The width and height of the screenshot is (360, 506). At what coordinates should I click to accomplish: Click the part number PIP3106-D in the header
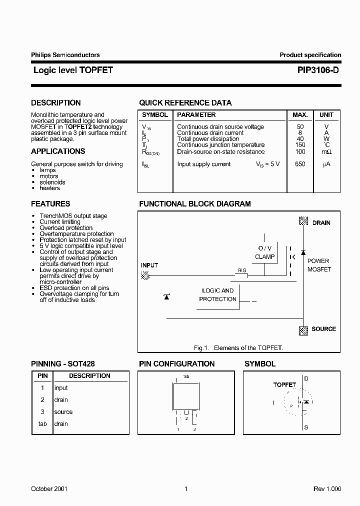tap(314, 70)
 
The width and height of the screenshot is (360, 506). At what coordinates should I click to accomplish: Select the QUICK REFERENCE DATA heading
tap(185, 103)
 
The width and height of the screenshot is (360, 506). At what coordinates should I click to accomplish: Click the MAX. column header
tap(300, 115)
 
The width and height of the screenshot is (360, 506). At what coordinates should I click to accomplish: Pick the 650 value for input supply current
tap(300, 164)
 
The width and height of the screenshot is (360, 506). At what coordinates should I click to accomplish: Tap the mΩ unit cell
tap(326, 152)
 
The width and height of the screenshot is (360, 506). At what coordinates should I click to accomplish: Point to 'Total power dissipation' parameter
tap(208, 139)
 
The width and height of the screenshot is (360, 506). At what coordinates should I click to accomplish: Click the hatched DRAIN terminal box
tap(303, 220)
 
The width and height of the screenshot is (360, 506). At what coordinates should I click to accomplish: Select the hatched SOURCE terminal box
tap(303, 330)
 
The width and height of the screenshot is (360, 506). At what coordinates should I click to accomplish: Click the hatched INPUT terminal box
tap(145, 275)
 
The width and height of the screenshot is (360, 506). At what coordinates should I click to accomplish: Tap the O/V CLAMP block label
tap(264, 252)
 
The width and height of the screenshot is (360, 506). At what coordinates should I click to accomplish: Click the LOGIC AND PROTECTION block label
tap(217, 295)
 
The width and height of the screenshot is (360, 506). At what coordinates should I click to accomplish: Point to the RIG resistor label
tap(242, 270)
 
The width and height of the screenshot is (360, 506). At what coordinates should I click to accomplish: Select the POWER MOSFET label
tap(318, 265)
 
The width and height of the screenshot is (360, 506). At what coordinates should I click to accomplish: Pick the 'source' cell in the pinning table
tap(63, 412)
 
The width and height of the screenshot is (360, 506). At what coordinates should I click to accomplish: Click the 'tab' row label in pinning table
tap(42, 424)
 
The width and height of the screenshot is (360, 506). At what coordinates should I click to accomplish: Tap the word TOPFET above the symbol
tap(284, 385)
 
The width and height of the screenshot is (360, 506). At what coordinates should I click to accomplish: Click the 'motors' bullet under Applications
tap(49, 176)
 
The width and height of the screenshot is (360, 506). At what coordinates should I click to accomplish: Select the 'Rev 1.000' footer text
tap(327, 489)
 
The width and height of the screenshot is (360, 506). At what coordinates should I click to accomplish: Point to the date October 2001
tap(49, 489)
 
